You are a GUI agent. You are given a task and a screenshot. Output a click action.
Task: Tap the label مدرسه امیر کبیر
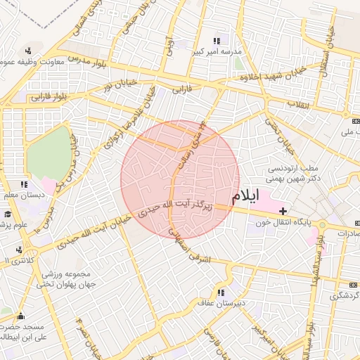217,53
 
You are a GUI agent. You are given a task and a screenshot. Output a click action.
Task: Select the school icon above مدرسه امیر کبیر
217,41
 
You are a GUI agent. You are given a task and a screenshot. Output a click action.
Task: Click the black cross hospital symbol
283,211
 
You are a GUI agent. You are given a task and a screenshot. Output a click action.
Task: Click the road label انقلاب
299,104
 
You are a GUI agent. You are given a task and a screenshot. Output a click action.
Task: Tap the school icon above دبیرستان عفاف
221,292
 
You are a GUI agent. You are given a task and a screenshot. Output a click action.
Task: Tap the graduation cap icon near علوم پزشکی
8,214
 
